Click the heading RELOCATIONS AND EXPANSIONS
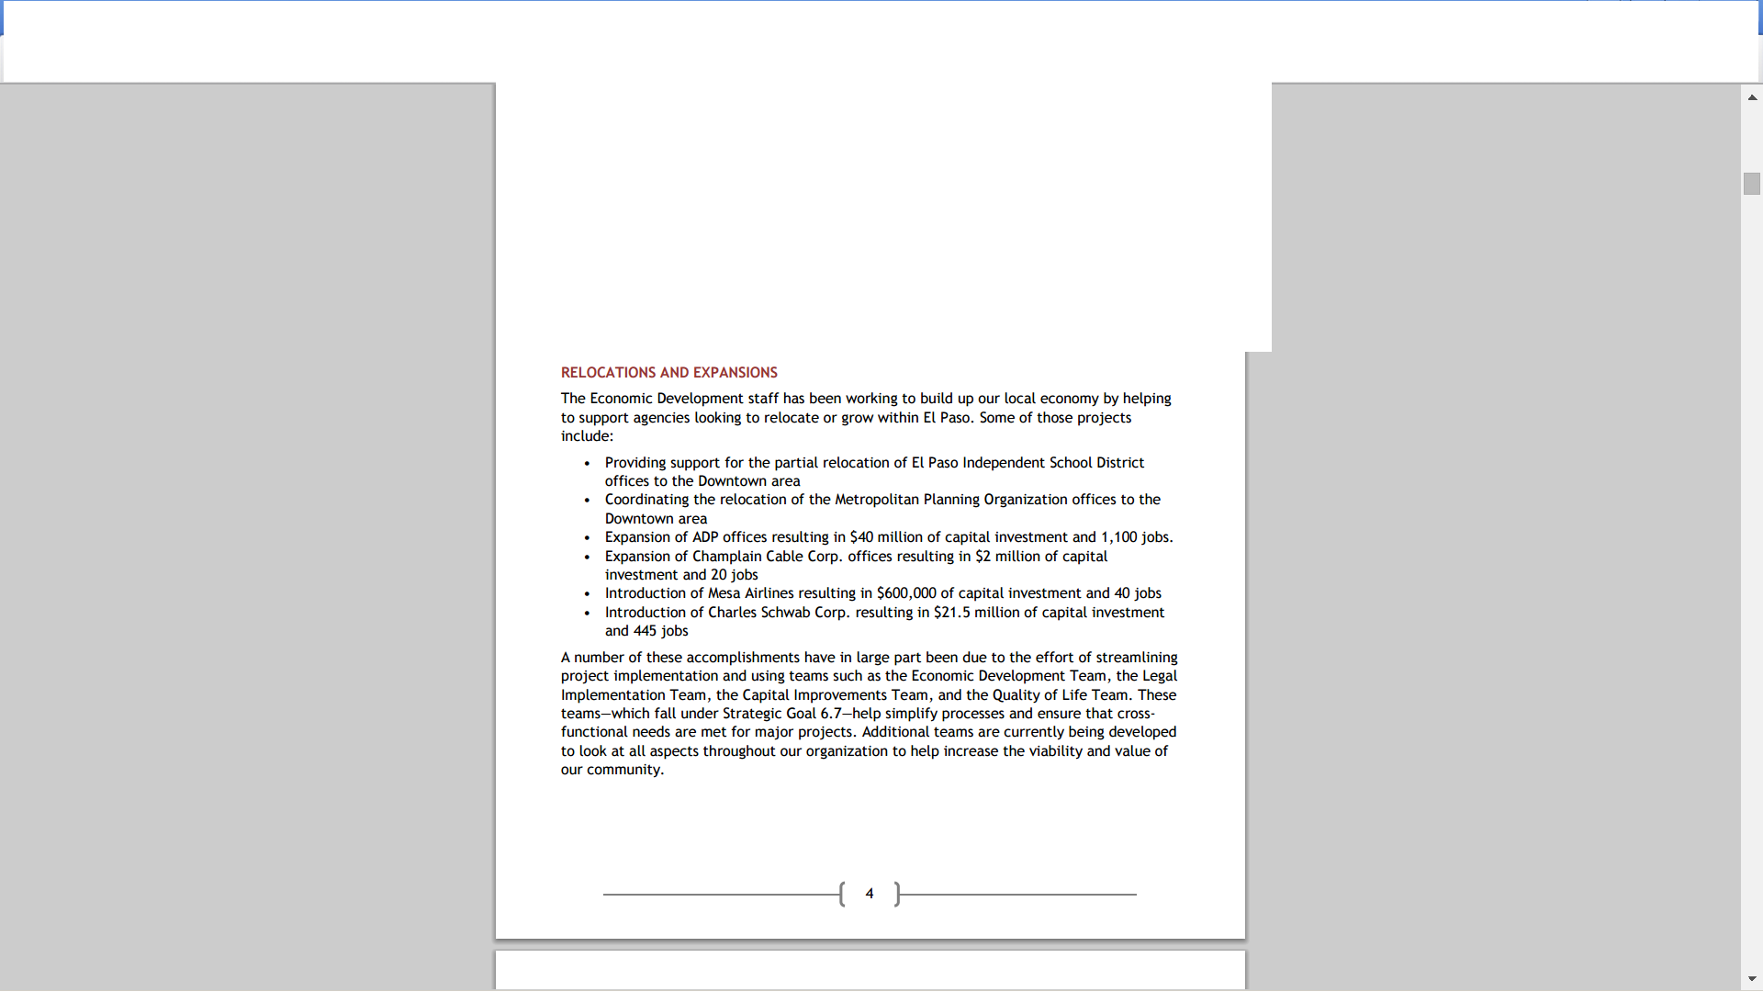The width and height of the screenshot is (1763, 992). tap(668, 372)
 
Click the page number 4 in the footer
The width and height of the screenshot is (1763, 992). tap(869, 894)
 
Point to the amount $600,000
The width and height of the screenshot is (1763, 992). tap(906, 593)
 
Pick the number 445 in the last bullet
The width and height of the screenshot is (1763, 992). tap(645, 631)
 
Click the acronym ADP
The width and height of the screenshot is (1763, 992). tap(705, 537)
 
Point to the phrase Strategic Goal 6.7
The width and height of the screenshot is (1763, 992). tap(781, 714)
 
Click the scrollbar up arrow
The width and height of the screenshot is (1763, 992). tap(1752, 96)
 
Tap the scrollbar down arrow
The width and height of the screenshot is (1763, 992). tap(1752, 979)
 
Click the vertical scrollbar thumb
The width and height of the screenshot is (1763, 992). tap(1752, 184)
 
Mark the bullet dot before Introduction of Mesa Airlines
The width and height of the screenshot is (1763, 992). tap(587, 594)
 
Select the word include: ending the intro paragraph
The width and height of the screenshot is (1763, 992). tap(587, 436)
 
